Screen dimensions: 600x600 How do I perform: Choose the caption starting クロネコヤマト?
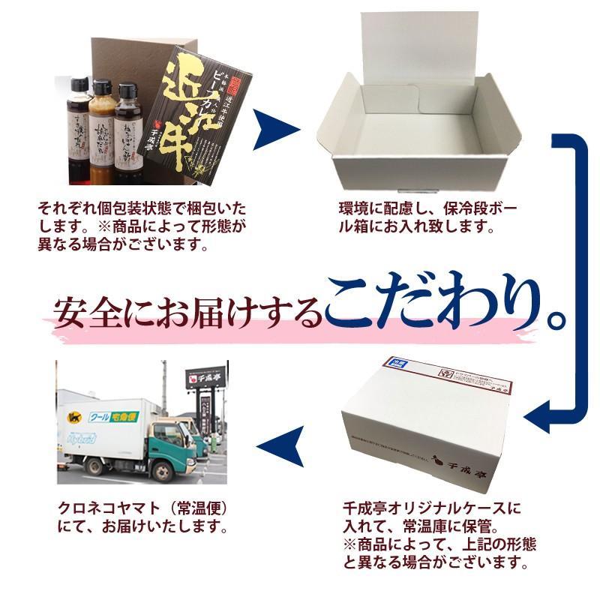pos(142,517)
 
